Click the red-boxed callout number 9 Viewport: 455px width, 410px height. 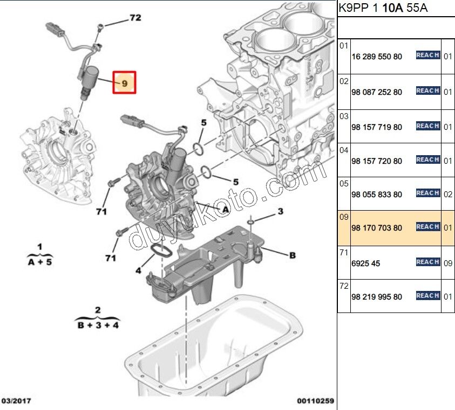point(125,83)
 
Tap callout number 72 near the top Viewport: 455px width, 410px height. point(134,18)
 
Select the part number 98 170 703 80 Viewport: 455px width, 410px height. point(376,228)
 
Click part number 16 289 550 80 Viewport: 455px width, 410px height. point(376,56)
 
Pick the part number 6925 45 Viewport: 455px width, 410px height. point(365,263)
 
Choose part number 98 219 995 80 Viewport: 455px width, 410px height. point(376,297)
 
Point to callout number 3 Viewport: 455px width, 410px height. point(280,212)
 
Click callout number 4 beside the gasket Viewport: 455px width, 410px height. point(139,270)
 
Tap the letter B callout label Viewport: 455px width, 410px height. point(292,255)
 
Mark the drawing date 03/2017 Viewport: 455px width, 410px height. point(16,401)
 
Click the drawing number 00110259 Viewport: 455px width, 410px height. point(315,401)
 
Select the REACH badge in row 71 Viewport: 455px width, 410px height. point(427,262)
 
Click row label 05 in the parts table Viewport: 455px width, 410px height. point(344,183)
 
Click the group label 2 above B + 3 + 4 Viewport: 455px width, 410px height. point(98,310)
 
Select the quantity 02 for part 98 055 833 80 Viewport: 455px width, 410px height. point(447,194)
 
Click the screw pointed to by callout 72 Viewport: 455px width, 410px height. point(100,27)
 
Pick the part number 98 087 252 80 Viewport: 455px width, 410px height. point(376,92)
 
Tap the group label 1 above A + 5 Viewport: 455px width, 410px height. point(39,247)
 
